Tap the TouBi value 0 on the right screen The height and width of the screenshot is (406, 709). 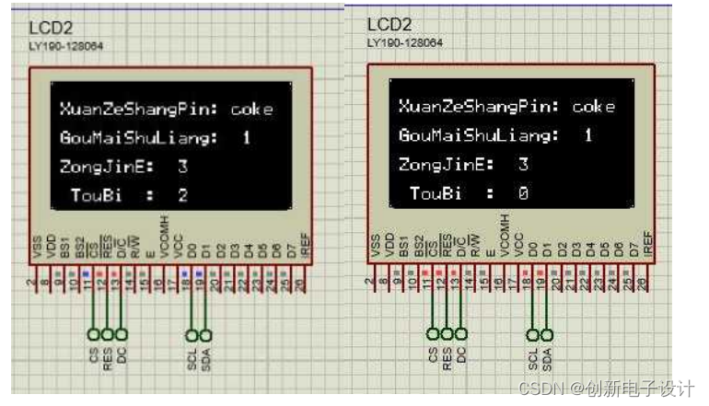tap(522, 192)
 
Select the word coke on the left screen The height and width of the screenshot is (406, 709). tap(252, 109)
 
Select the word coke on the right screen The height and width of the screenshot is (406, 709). tap(593, 107)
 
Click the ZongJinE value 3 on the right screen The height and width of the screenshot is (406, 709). tap(522, 165)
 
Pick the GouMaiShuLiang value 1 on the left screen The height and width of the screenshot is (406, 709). tap(246, 138)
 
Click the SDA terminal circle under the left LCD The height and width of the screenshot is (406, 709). tap(205, 334)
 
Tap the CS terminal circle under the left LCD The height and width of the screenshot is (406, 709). tap(93, 334)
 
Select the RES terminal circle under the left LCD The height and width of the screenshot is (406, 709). tap(107, 334)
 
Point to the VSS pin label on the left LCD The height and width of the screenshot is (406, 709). tap(38, 247)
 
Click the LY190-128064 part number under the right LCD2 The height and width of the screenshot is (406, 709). tap(404, 42)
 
